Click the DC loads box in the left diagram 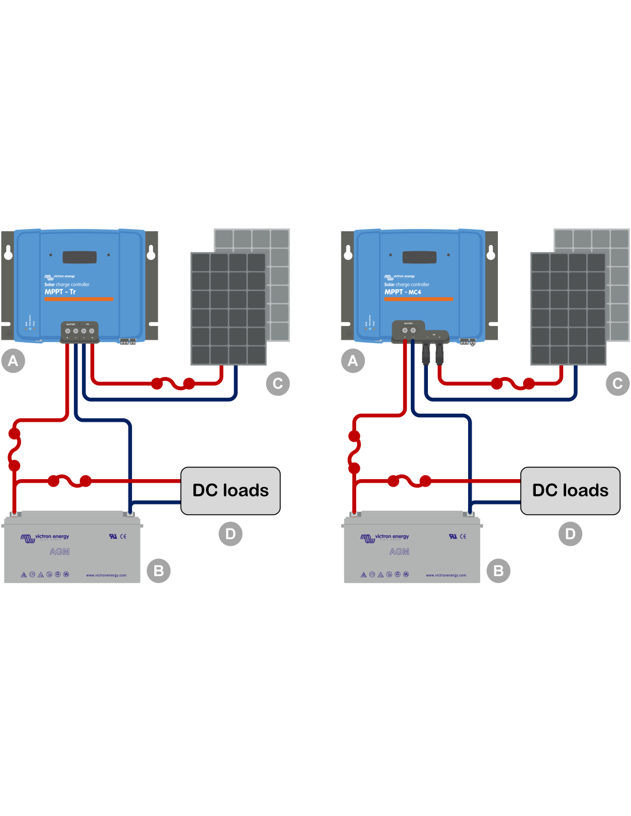point(231,491)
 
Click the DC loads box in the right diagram point(570,491)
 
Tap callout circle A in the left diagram point(13,361)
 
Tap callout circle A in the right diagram point(353,361)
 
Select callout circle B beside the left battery point(159,571)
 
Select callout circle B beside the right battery point(498,571)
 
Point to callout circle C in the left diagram point(278,383)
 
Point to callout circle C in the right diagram point(618,383)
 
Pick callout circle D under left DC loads point(231,534)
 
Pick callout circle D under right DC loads point(570,534)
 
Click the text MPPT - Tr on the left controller point(60,292)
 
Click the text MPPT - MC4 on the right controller point(403,292)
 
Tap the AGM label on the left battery point(60,551)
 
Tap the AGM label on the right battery point(399,551)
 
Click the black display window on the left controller point(79,257)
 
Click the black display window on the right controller point(419,257)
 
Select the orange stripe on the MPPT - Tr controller point(79,299)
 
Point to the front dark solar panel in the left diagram point(228,309)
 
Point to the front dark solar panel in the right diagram point(568,309)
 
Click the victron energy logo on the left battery point(45,537)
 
